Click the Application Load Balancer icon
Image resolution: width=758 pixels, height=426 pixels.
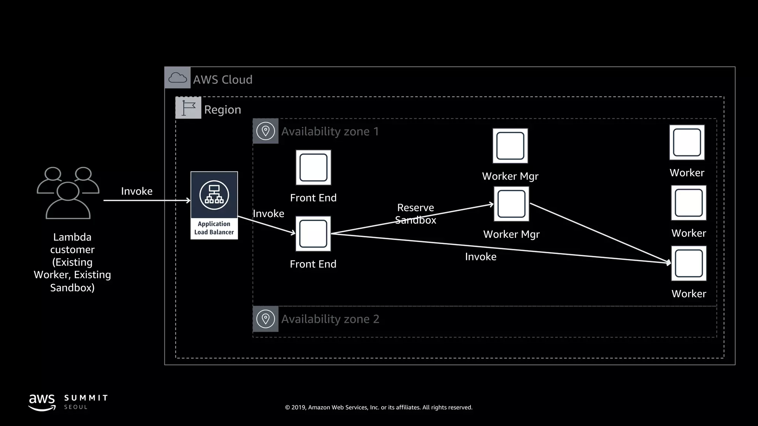[x=214, y=195]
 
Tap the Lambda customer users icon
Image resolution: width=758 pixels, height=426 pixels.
[x=68, y=193]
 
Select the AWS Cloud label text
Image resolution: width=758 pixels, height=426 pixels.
[x=222, y=80]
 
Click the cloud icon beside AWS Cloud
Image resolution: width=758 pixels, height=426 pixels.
[x=177, y=78]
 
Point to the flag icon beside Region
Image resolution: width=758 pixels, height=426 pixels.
[x=188, y=108]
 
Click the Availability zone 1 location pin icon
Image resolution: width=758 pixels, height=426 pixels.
[x=265, y=131]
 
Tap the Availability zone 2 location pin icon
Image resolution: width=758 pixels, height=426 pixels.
[x=265, y=319]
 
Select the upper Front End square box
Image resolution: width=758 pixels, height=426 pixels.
[x=313, y=168]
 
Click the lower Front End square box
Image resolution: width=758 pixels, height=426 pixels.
[x=313, y=234]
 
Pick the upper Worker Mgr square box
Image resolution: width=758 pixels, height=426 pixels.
[x=510, y=146]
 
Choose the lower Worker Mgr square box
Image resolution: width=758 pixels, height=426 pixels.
[x=511, y=204]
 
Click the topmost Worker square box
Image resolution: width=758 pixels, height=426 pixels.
[x=687, y=142]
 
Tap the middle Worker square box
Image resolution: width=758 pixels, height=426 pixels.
[x=688, y=203]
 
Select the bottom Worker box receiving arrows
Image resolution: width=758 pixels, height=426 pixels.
[x=688, y=263]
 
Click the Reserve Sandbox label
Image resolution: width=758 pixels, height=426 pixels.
[x=415, y=214]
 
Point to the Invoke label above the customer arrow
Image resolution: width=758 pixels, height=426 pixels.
[x=137, y=191]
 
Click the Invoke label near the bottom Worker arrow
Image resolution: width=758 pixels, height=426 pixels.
[x=480, y=257]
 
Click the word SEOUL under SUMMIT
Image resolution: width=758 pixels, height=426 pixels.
[x=76, y=407]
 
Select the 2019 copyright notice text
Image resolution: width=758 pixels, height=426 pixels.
[x=379, y=407]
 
